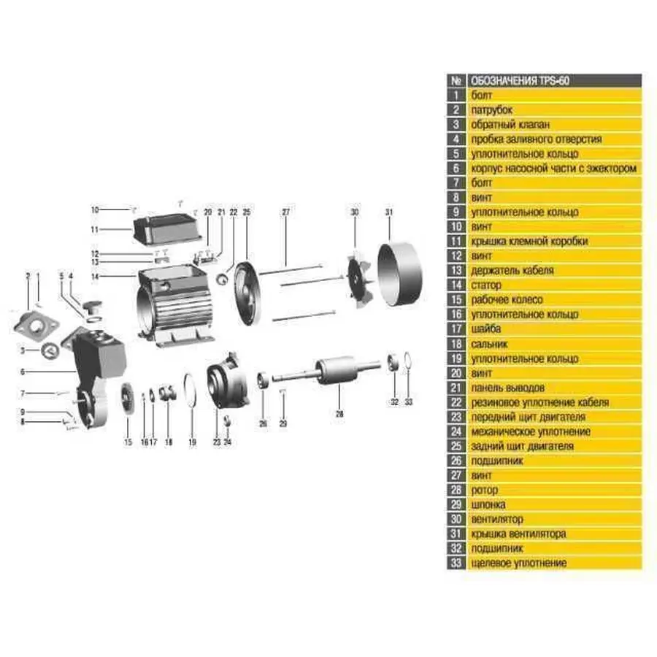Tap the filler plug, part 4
(92, 307)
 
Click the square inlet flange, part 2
(35, 325)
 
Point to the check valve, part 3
(50, 350)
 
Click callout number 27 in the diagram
(285, 212)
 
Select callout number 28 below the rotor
(339, 414)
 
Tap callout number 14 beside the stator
(95, 277)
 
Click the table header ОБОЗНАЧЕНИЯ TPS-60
(520, 80)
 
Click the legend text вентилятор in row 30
(497, 519)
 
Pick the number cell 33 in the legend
(456, 563)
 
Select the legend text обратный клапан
(510, 124)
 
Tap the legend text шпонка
(488, 504)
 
